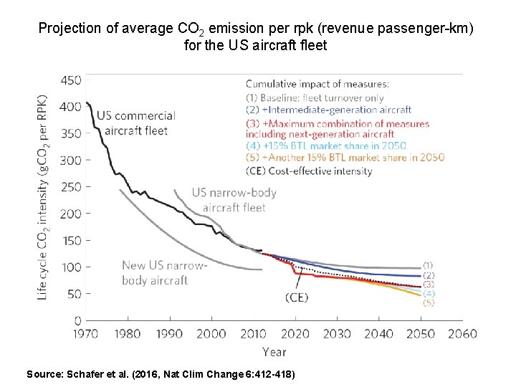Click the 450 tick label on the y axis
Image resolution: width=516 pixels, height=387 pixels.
pos(70,80)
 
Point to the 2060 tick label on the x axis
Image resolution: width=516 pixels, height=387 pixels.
pos(463,333)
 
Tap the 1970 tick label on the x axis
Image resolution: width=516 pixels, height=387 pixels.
pos(85,333)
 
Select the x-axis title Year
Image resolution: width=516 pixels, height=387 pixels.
pos(274,351)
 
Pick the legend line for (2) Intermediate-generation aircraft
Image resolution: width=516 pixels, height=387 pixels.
pos(329,110)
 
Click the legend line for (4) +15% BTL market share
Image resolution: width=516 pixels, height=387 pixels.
pos(326,145)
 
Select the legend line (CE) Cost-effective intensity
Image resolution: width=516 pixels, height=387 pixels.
pos(309,171)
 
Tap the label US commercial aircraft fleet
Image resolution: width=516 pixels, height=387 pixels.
pos(135,122)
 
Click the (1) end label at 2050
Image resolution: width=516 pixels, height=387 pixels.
pos(428,265)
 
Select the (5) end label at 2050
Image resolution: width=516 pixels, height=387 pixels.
pos(428,302)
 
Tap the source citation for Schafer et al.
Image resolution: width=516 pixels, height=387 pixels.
pos(160,374)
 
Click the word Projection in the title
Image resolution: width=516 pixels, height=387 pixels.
pos(70,29)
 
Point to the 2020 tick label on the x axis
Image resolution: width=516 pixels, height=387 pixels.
pos(295,333)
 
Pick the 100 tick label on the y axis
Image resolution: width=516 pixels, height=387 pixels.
pos(70,267)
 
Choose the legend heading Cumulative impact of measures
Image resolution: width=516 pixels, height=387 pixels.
pos(317,84)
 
